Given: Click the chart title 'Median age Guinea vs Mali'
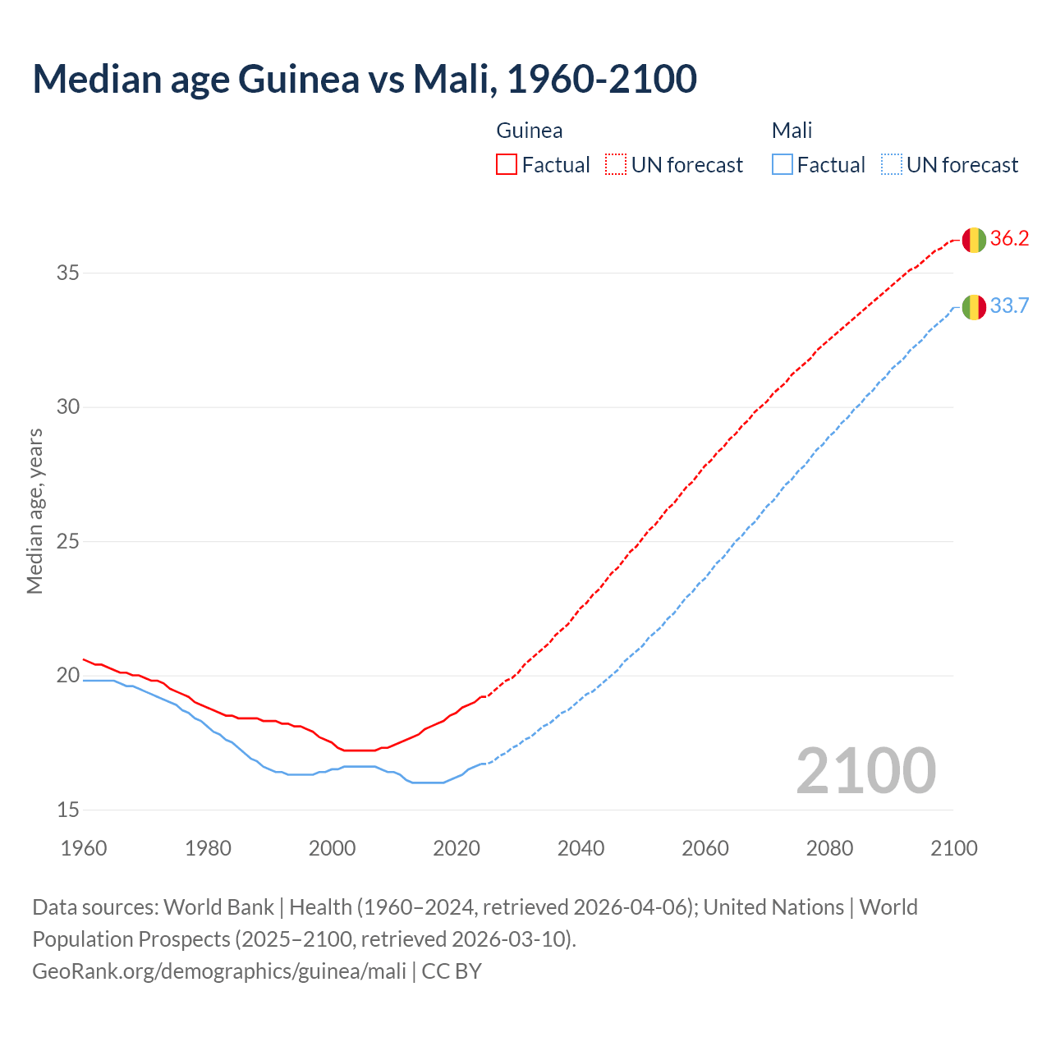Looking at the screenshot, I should tap(365, 79).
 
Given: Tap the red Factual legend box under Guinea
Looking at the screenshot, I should tap(507, 164).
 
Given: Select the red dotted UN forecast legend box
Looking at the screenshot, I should tap(616, 164).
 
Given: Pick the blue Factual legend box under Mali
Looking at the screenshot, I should tap(783, 164).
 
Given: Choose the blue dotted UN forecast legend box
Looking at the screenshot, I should tap(891, 164).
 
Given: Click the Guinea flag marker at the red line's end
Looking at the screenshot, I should tap(974, 240).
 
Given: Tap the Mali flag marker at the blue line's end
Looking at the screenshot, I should tap(974, 307).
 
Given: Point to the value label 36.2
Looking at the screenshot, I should tap(1009, 239).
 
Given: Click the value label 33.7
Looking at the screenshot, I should tap(1009, 306).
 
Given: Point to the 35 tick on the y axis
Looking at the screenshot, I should tap(67, 273).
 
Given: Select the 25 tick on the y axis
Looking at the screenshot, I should tap(67, 541).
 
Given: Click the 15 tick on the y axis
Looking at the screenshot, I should tap(67, 810).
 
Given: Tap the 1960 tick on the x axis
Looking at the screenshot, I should tap(84, 848).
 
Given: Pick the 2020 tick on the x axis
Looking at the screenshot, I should tap(457, 848).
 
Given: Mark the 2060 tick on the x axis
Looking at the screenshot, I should tap(705, 848).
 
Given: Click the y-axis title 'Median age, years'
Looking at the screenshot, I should tap(34, 511).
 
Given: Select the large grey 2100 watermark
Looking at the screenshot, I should tap(865, 770).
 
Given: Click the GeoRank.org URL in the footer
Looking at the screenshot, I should tap(219, 971).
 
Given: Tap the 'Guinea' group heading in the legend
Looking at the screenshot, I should tap(530, 131).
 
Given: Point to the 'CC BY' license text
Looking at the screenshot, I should tap(452, 971).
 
